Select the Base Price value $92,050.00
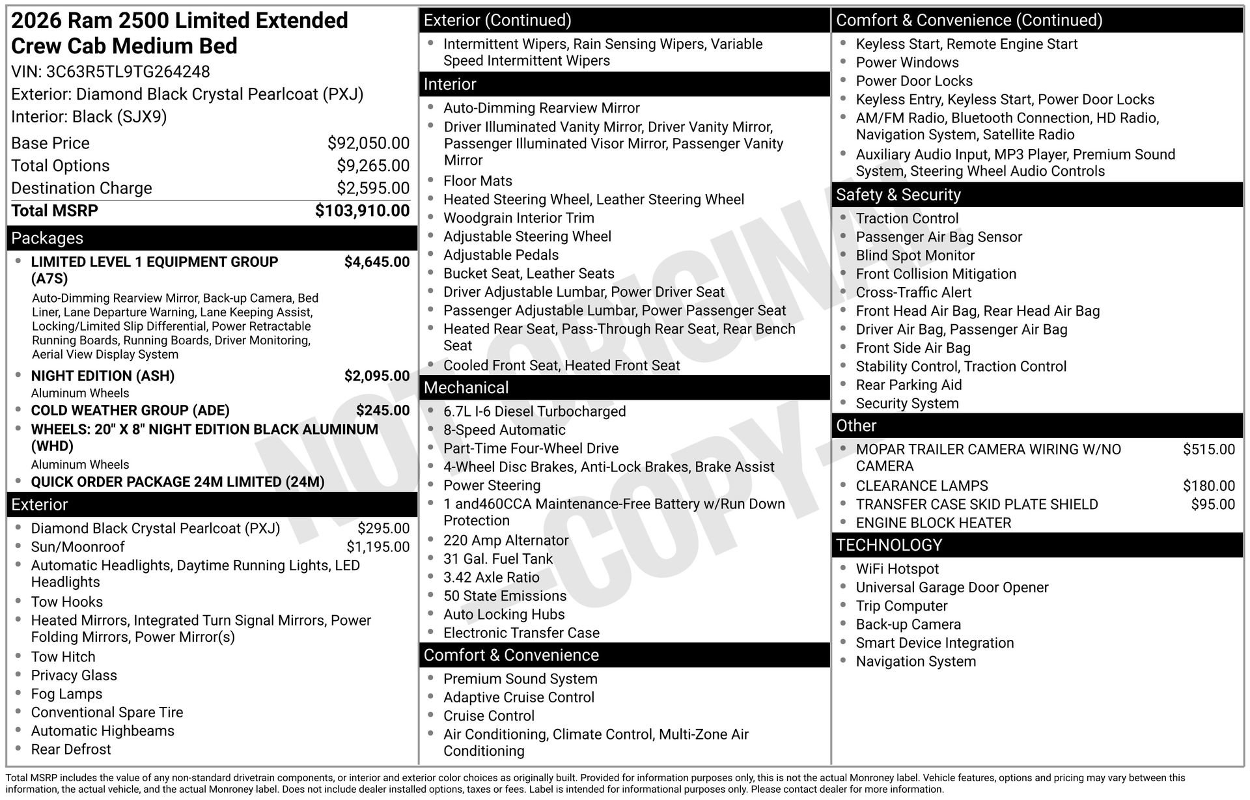click(368, 143)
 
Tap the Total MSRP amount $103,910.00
click(362, 211)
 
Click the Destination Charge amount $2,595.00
click(373, 188)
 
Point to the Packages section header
click(48, 238)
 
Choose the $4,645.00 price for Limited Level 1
click(377, 262)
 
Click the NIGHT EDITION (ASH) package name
click(103, 376)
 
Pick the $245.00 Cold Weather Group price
click(383, 411)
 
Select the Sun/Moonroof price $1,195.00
click(378, 547)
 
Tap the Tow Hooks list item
click(67, 602)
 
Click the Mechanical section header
click(466, 388)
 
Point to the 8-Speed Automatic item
click(505, 430)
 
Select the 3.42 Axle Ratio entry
click(492, 578)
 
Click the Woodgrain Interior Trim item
click(519, 218)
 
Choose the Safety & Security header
click(898, 195)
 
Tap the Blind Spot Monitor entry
click(915, 256)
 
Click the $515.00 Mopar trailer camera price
click(1208, 450)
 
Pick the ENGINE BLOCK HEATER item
click(934, 523)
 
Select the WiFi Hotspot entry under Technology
click(897, 569)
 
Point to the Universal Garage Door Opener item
click(952, 588)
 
